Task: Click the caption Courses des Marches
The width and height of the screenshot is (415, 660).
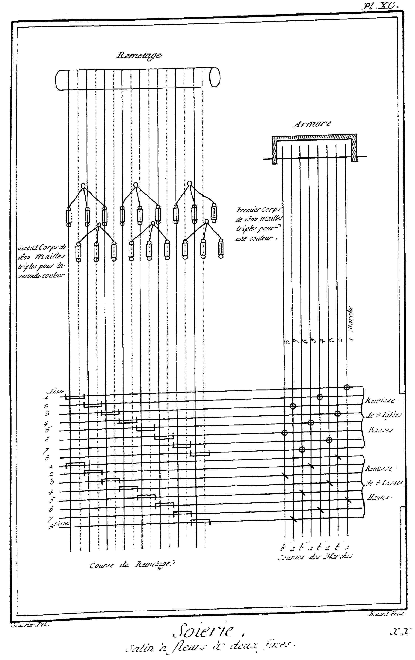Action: click(315, 556)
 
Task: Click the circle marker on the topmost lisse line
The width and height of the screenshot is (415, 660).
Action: click(347, 387)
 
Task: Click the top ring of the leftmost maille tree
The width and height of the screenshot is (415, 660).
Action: click(83, 186)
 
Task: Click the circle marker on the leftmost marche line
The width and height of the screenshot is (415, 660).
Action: click(284, 432)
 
